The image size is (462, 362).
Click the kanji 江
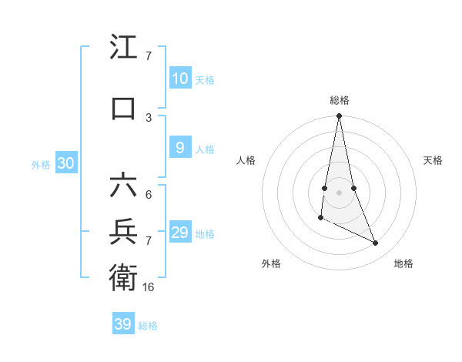pos(123,48)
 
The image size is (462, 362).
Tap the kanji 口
pos(123,108)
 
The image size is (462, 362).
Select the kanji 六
pos(123,186)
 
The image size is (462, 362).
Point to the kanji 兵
pos(123,231)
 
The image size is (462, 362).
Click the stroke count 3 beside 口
pos(149,117)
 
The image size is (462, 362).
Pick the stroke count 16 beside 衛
pos(149,287)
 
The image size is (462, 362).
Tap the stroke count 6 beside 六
pos(149,194)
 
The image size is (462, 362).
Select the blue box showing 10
pos(179,79)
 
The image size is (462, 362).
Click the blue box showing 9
pos(179,148)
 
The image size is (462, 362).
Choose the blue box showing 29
pos(179,233)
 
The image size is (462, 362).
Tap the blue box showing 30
pos(65,163)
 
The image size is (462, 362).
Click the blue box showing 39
pos(122,324)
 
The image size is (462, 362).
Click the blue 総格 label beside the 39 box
pos(148,326)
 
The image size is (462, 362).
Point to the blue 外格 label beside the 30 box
pos(41,165)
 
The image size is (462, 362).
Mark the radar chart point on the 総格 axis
pos(339,116)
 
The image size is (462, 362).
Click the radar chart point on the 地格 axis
pos(376,243)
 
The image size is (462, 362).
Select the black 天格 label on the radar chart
pos(434,160)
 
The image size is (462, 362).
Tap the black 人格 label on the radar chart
pos(246,160)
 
